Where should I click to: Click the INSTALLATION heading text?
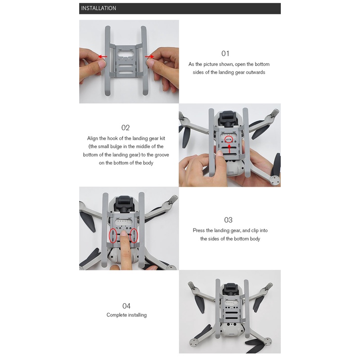[99, 8]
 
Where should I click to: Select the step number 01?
[225, 54]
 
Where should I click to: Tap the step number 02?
[126, 128]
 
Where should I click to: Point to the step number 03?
[228, 220]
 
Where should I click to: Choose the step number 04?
[126, 306]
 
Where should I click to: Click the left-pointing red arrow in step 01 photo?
[103, 57]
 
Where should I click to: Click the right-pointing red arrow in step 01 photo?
[149, 57]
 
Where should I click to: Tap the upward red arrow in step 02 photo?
[229, 148]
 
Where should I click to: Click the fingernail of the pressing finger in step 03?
[124, 234]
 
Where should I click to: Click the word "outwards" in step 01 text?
[256, 72]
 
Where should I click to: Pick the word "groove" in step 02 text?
[162, 155]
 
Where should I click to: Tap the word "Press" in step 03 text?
[198, 230]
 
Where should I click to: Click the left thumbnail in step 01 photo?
[102, 64]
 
